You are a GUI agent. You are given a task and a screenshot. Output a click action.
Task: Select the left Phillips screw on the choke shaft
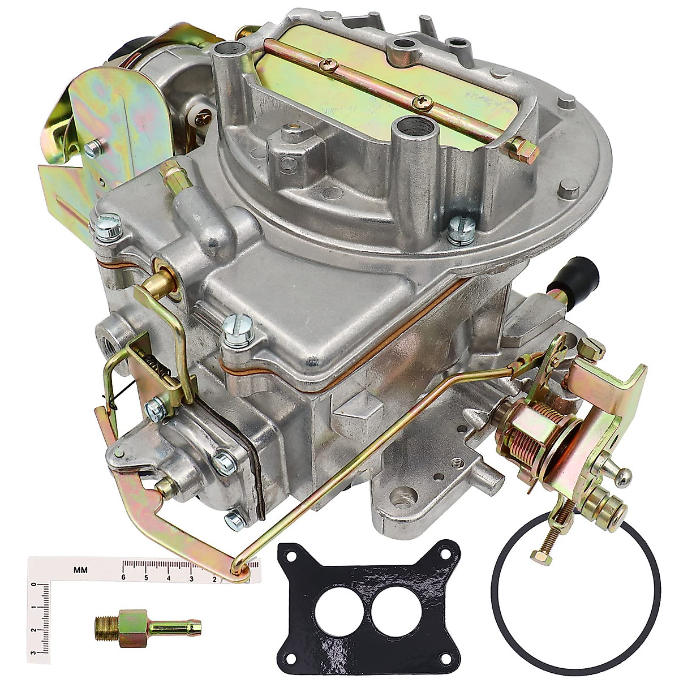click(327, 66)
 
